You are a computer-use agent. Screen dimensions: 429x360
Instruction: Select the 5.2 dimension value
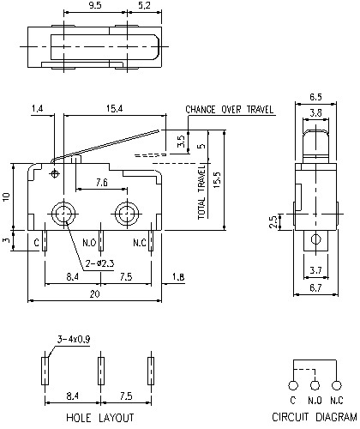click(145, 5)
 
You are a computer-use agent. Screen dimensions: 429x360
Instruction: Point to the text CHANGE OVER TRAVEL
click(229, 109)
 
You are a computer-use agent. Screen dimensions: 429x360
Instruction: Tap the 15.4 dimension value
click(113, 109)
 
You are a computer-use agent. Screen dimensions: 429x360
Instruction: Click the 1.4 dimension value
click(37, 109)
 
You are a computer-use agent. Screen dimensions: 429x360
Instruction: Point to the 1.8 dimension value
click(177, 277)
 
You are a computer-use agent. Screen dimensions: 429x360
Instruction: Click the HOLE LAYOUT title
click(100, 418)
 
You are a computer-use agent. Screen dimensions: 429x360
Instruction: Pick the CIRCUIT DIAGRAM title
click(314, 418)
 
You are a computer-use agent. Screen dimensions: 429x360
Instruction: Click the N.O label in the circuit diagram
click(315, 401)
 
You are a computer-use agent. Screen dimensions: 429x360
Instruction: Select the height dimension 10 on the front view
click(6, 196)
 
